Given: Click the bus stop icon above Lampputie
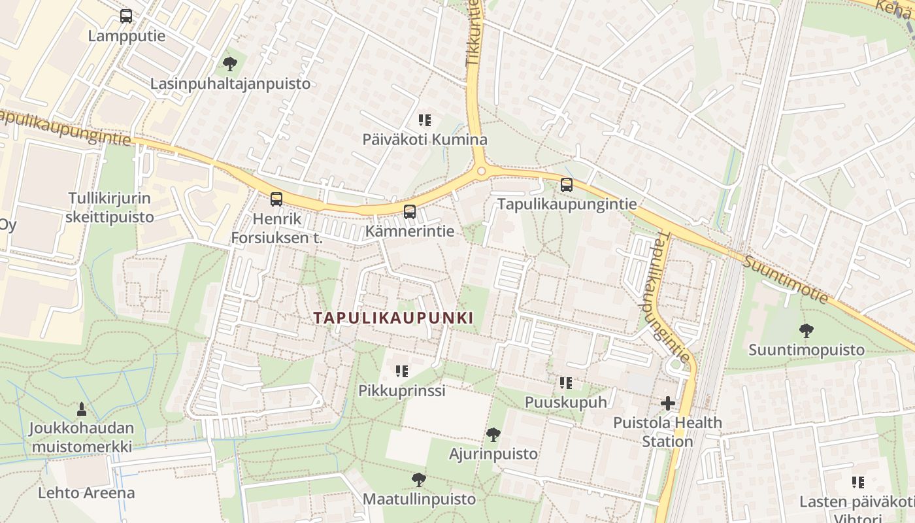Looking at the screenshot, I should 126,16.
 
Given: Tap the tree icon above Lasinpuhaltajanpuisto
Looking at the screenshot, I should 229,64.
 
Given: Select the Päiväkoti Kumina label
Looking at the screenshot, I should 425,140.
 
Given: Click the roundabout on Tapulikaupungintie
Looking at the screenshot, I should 482,171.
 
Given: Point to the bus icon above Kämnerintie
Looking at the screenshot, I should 410,211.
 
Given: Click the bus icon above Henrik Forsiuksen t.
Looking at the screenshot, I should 276,199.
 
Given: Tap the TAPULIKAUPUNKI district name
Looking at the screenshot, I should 393,318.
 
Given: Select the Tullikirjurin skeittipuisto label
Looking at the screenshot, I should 110,207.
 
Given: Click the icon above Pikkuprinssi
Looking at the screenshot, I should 401,371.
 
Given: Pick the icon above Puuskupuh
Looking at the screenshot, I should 566,382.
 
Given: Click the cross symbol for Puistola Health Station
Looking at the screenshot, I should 667,403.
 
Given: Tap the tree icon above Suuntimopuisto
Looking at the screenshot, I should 807,331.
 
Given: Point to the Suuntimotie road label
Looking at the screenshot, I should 786,280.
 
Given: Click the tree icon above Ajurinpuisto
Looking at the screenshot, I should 493,434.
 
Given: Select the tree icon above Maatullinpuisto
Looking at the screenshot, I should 419,480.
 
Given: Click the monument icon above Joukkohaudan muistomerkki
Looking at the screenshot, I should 82,409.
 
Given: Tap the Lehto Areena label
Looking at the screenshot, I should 86,493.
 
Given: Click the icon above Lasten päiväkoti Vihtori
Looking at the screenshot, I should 858,482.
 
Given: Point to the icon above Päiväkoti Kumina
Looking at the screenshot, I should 425,120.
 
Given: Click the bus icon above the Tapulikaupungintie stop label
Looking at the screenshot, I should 567,185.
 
